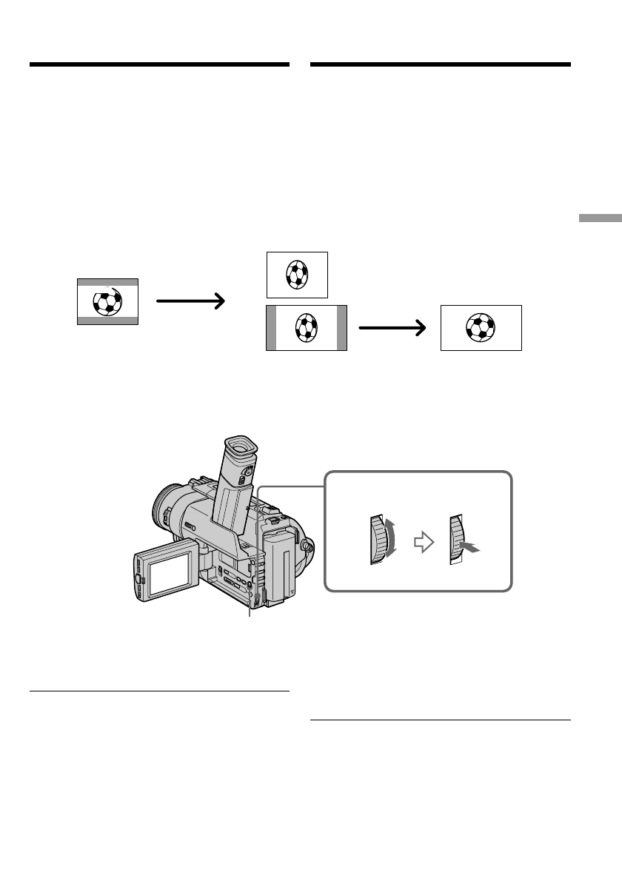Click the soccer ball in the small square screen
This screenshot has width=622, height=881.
pos(296,275)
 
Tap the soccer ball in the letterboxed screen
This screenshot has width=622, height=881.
pos(107,302)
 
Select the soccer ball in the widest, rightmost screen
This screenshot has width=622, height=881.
pos(481,327)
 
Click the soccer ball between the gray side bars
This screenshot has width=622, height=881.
pos(306,327)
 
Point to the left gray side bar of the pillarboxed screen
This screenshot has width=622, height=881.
pos(271,327)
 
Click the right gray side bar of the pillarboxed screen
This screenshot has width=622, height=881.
pos(341,327)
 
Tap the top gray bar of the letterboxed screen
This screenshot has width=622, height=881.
pos(107,282)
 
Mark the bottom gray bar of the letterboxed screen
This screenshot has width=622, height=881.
pos(107,321)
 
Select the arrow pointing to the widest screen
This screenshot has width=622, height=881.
pos(393,327)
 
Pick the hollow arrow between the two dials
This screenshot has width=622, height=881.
pos(423,543)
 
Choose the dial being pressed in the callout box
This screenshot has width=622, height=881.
pos(455,540)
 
